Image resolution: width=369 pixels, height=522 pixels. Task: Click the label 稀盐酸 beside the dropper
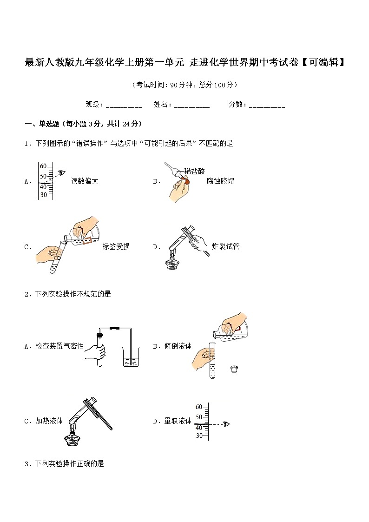(194, 171)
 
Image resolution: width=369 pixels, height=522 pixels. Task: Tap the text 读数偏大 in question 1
(85, 181)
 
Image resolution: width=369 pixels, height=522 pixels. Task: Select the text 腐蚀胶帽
(220, 181)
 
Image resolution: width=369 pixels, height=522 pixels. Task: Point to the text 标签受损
(116, 246)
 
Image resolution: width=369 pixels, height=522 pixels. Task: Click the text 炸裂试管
(225, 246)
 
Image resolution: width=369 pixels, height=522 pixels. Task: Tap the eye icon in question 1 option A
(61, 173)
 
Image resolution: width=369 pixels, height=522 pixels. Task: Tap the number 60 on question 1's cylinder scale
(43, 166)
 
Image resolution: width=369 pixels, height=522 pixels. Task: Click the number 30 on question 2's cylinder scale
(199, 436)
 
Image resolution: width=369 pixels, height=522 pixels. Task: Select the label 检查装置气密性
(59, 346)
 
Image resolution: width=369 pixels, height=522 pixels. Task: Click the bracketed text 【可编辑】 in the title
(323, 62)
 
